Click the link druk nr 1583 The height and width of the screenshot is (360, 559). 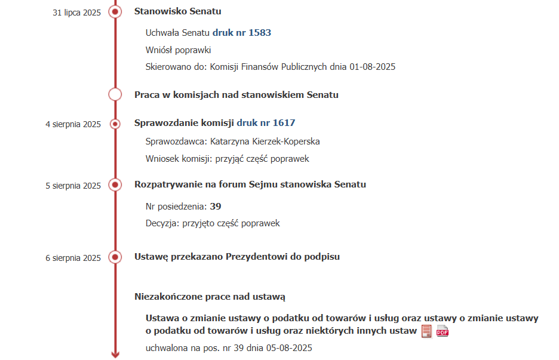pos(242,33)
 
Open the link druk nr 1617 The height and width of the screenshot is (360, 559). pos(266,123)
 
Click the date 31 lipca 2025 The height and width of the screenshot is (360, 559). pos(77,12)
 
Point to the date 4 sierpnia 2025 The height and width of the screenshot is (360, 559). pos(73,124)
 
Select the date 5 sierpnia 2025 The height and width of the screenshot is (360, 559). pos(73,186)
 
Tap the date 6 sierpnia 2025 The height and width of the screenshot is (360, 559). pos(73,258)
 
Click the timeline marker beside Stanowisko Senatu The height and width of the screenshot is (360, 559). pos(115,11)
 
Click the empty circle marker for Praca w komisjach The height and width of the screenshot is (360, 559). pos(115,94)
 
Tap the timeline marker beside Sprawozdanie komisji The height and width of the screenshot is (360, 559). pos(115,124)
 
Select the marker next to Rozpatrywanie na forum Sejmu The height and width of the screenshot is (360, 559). pos(115,185)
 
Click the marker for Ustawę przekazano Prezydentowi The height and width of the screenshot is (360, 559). pos(115,257)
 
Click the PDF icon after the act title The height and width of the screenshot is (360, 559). pos(443,332)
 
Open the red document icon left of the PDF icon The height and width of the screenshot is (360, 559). pos(426,331)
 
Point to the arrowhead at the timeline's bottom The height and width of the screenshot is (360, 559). pos(115,354)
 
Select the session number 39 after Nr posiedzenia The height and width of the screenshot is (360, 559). pos(216,206)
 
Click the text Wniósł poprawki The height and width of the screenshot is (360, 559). pos(178,50)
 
